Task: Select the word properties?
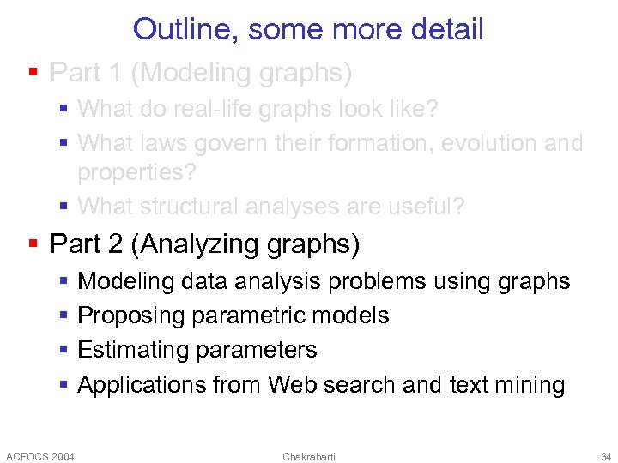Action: [136, 172]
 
